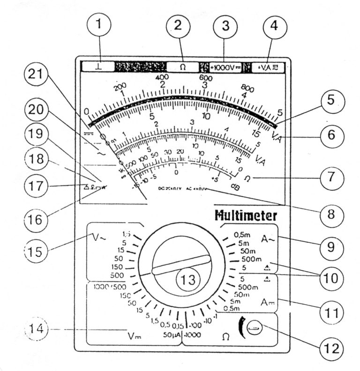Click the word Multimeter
click(246, 216)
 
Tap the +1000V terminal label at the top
click(225, 67)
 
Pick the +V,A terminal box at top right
click(267, 67)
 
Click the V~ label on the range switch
click(100, 237)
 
